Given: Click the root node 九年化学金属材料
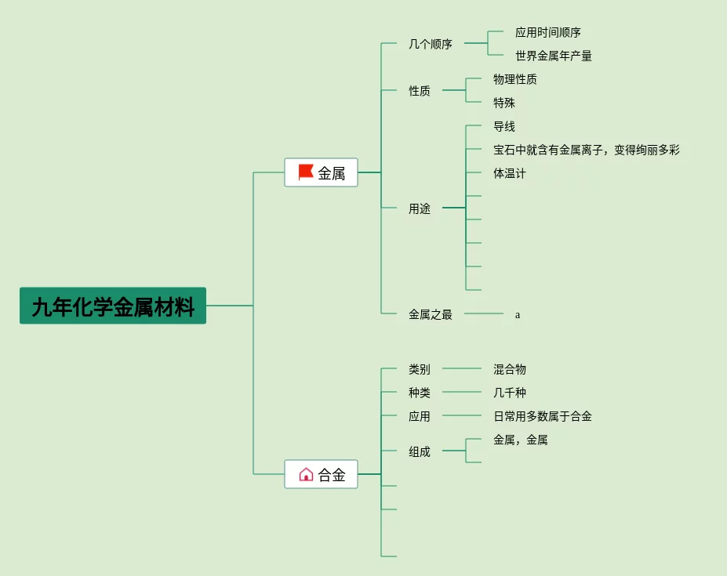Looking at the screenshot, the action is coord(113,306).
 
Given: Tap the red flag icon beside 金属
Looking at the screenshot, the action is coord(306,172).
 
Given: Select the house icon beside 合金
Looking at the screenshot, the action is coord(306,474).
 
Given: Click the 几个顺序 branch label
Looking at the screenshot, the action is coord(431,44).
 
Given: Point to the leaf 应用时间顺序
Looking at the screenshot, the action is coord(548,32).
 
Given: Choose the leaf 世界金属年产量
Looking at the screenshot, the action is coord(554,56).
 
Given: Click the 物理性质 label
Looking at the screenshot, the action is coord(515,79).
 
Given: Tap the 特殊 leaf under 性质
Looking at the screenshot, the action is coord(504,103).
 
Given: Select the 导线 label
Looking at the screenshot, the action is coord(504,126).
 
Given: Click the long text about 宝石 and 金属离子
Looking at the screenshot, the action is coord(587,150).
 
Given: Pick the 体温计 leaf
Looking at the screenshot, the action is coord(510,173).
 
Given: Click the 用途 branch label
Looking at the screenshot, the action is coord(420,208).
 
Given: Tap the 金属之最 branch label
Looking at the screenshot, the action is coord(431,315).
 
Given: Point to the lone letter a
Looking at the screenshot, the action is coord(518,315).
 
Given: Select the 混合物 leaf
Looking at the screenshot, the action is coord(510,369).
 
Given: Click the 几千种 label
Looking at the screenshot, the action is coord(510,393).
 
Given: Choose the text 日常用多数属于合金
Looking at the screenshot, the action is coord(543,416).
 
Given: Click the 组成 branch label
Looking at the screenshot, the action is coord(420,452).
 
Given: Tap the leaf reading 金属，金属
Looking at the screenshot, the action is coord(520,440).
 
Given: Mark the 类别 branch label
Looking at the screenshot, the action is coord(420,369).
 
